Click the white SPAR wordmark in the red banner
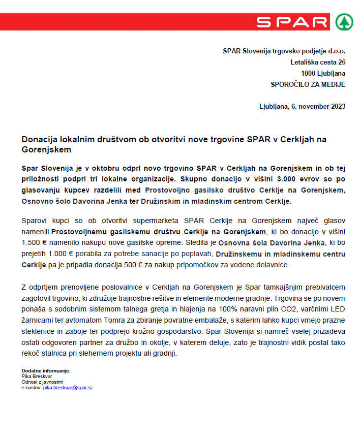[292, 22]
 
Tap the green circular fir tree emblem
[344, 22]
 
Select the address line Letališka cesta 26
[318, 62]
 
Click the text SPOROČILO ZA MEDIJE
[308, 84]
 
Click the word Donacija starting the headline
[38, 140]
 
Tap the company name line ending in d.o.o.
[284, 51]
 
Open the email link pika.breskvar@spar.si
[67, 387]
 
